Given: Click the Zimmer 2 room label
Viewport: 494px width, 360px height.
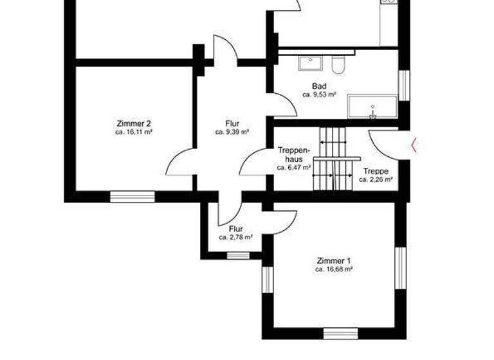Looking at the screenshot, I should click(x=134, y=123).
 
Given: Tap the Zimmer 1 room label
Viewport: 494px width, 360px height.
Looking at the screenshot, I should click(x=334, y=261).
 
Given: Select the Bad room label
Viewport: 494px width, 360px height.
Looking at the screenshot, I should click(x=319, y=86).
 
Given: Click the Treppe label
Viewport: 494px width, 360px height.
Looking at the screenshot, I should click(x=375, y=171).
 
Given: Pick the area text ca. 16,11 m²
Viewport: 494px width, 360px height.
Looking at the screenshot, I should click(x=134, y=132).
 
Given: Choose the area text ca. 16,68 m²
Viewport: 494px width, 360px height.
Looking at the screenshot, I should click(x=334, y=270).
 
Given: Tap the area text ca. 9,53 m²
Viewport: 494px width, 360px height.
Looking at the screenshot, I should click(x=319, y=94).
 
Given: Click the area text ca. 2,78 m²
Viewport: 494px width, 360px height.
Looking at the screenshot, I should click(x=235, y=237).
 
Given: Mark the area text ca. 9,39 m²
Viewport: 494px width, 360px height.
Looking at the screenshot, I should click(x=232, y=132).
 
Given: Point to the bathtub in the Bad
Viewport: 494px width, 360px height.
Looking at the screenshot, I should click(x=372, y=107).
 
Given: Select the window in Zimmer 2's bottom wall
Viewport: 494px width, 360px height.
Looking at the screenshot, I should click(x=132, y=196).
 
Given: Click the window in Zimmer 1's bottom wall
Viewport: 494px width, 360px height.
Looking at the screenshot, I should click(x=340, y=333).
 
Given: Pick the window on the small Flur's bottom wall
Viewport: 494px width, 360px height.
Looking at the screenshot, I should click(x=238, y=255).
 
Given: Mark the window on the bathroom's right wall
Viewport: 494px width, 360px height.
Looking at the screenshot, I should click(x=404, y=85).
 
